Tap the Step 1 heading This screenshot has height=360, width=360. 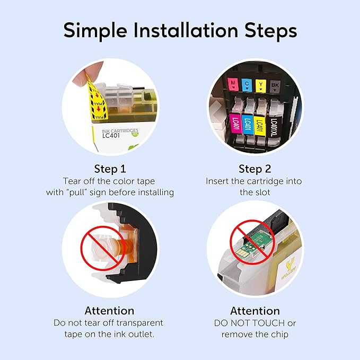[110, 169]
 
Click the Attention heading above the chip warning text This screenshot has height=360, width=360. [254, 311]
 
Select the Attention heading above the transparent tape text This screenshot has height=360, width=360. [109, 310]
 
